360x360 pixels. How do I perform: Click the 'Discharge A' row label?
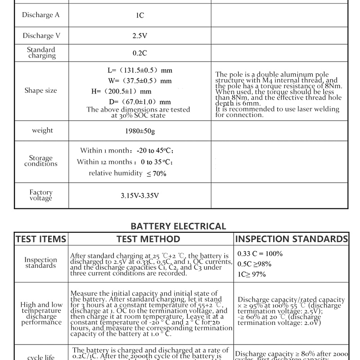[x=41, y=15]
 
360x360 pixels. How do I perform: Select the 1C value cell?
[x=139, y=15]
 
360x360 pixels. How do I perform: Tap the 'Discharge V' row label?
[x=41, y=36]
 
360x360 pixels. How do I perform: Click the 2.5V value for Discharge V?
[x=139, y=36]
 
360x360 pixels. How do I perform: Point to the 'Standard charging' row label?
[x=41, y=53]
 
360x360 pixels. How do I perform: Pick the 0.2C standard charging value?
[x=139, y=53]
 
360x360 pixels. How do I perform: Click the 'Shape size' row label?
[x=41, y=90]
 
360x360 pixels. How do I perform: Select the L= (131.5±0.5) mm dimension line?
[x=139, y=70]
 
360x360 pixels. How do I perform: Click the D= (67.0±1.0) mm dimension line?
[x=139, y=102]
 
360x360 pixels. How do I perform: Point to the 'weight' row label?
[x=42, y=130]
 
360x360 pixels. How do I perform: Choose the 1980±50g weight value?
[x=139, y=131]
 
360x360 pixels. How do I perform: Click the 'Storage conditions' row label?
[x=41, y=161]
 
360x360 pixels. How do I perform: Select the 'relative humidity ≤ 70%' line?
[x=127, y=173]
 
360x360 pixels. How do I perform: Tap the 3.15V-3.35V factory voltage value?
[x=139, y=196]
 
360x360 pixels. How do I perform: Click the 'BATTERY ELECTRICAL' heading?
[x=178, y=226]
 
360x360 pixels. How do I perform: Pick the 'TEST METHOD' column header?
[x=148, y=239]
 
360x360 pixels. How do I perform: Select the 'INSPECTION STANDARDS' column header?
[x=292, y=239]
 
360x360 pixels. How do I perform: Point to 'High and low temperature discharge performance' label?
[x=41, y=313]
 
